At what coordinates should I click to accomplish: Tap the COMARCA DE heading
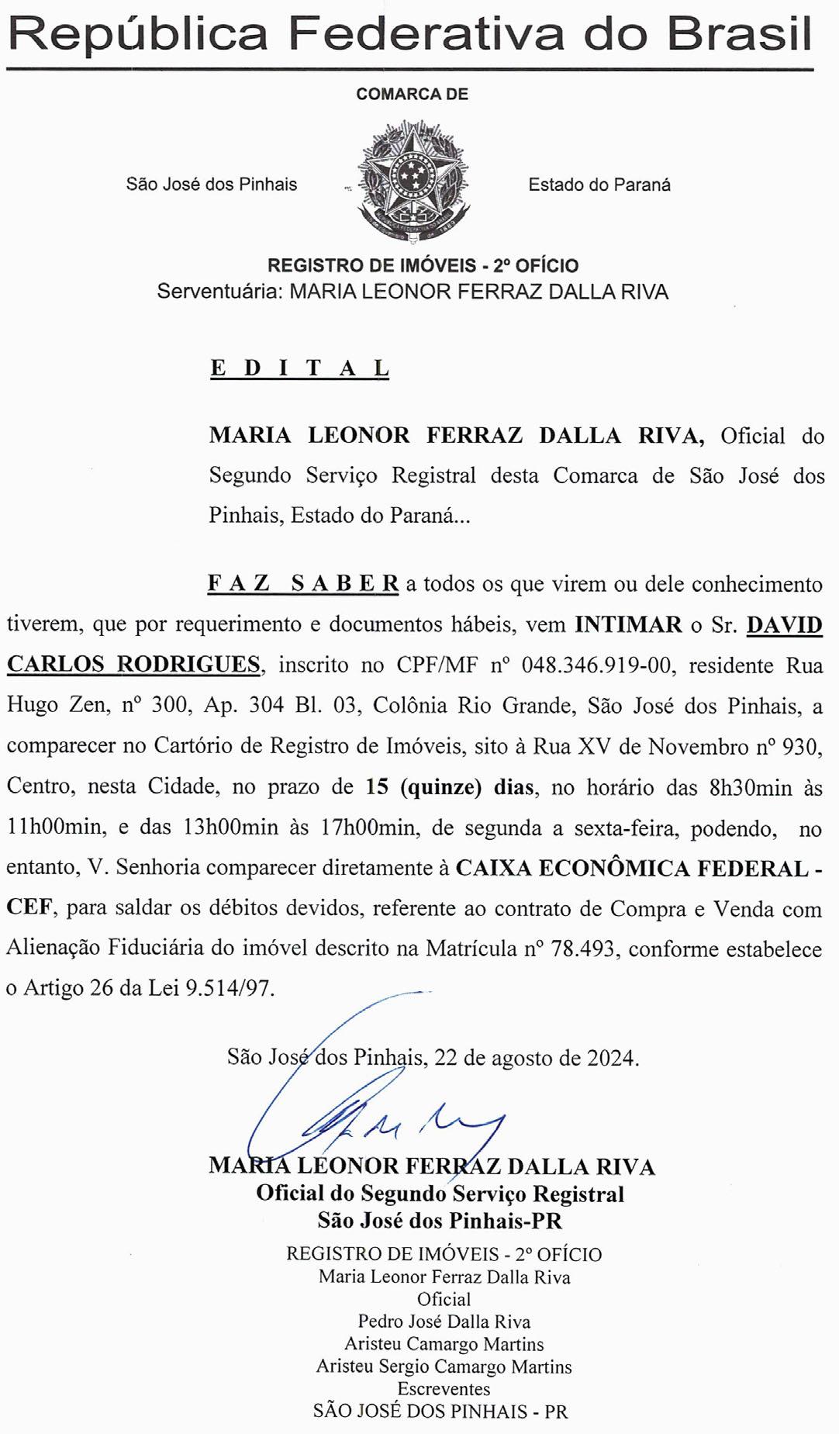(x=412, y=95)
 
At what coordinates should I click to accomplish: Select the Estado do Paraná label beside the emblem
(x=599, y=185)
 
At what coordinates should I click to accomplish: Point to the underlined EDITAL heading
(x=299, y=368)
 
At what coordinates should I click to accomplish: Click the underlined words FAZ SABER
(x=303, y=583)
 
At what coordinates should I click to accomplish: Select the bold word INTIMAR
(x=628, y=624)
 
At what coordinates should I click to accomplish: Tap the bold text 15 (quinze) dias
(x=450, y=787)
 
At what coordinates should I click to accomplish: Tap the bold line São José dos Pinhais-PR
(x=440, y=1221)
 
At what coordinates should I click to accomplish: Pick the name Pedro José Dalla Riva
(x=444, y=1322)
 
